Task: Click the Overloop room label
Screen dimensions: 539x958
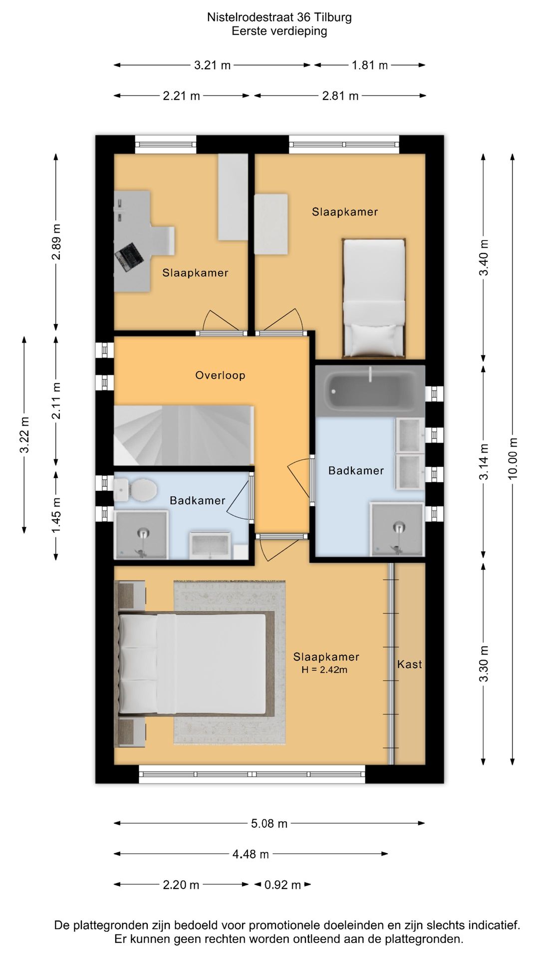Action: point(220,375)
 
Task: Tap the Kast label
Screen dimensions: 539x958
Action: point(410,664)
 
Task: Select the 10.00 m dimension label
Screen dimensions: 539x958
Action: point(513,459)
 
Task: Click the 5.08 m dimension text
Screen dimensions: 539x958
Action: point(269,824)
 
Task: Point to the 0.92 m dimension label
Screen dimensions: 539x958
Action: point(282,885)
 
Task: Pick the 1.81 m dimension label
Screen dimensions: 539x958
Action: point(370,65)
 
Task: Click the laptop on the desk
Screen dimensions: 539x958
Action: point(129,256)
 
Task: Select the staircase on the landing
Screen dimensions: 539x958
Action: point(184,436)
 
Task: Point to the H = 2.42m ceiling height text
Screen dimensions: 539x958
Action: point(324,670)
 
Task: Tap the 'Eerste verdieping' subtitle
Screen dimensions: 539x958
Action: point(279,31)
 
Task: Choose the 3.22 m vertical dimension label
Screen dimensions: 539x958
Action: point(24,435)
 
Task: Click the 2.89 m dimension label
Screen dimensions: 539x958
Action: point(56,242)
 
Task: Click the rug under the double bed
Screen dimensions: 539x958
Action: point(230,662)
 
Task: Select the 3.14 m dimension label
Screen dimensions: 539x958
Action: point(484,462)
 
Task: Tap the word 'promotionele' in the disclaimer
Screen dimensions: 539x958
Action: point(286,926)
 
